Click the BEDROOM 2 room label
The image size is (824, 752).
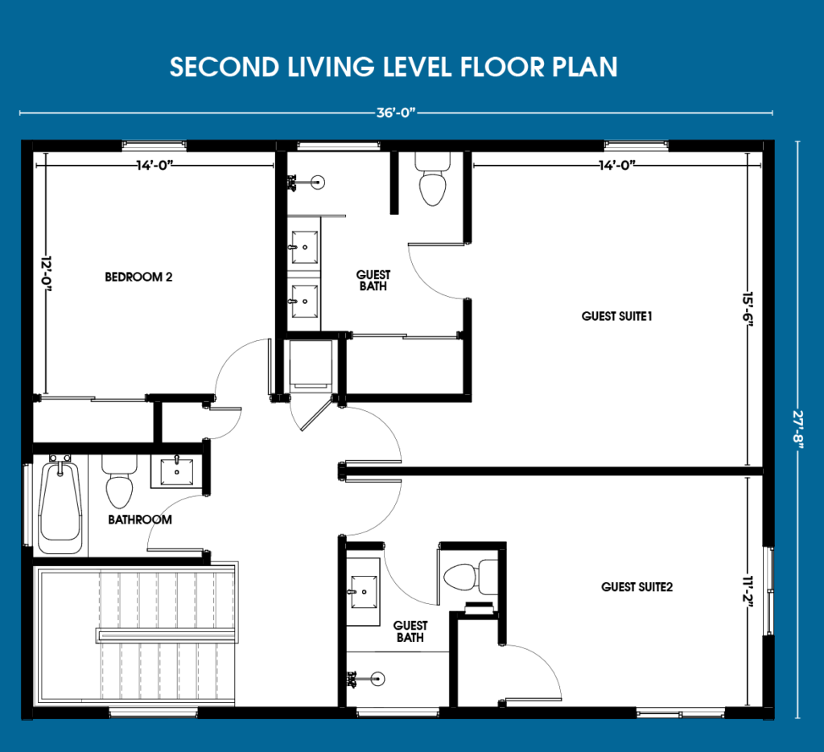pyautogui.click(x=138, y=277)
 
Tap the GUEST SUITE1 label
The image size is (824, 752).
pyautogui.click(x=617, y=316)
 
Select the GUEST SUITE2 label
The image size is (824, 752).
pyautogui.click(x=637, y=586)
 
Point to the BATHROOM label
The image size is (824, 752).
pyautogui.click(x=140, y=520)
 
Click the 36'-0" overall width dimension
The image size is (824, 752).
pyautogui.click(x=396, y=113)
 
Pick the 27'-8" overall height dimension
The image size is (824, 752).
pyautogui.click(x=798, y=429)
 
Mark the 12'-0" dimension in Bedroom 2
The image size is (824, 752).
pyautogui.click(x=47, y=273)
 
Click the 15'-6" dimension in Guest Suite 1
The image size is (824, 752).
pyautogui.click(x=748, y=310)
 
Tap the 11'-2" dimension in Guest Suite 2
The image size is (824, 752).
pyautogui.click(x=748, y=592)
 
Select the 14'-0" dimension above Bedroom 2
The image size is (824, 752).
pyautogui.click(x=155, y=166)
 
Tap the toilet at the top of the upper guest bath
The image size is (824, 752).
pyautogui.click(x=432, y=179)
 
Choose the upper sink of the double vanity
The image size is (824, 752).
pyautogui.click(x=305, y=247)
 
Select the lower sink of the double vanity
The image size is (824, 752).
pyautogui.click(x=305, y=302)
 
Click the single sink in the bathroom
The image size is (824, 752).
pyautogui.click(x=176, y=471)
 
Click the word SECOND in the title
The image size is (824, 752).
pyautogui.click(x=225, y=68)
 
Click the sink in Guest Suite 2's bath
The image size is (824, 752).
pyautogui.click(x=365, y=592)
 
